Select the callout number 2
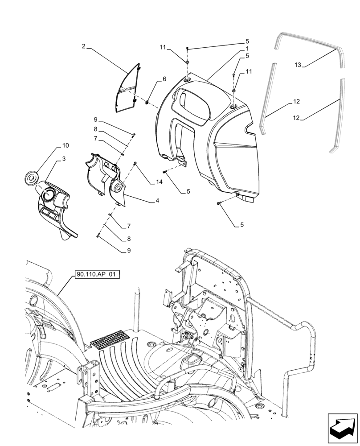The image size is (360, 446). click(83, 46)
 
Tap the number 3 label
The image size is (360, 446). click(65, 159)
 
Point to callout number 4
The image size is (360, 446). click(157, 201)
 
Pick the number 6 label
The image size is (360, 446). click(164, 79)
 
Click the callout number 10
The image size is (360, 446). click(65, 146)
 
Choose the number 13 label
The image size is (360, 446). click(298, 65)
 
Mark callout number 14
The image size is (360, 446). click(159, 182)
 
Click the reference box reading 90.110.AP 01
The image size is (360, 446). click(94, 275)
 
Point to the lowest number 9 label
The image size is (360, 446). click(129, 251)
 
